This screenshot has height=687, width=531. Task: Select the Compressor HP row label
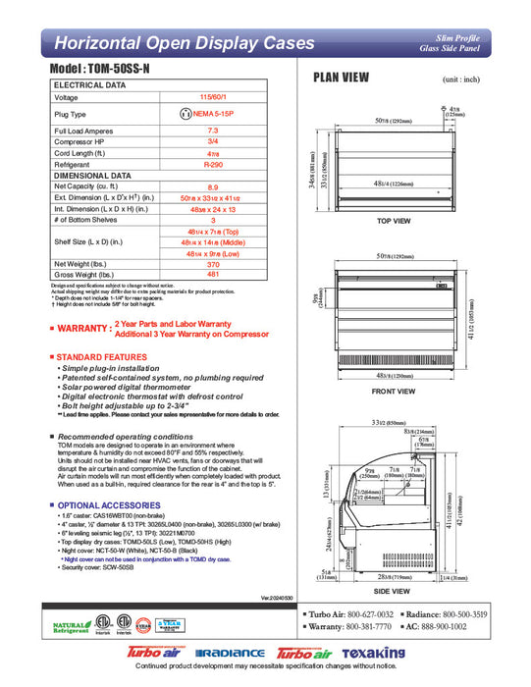(x=82, y=141)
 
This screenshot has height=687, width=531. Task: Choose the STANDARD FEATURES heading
(x=101, y=357)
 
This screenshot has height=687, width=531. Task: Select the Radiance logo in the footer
(x=230, y=654)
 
